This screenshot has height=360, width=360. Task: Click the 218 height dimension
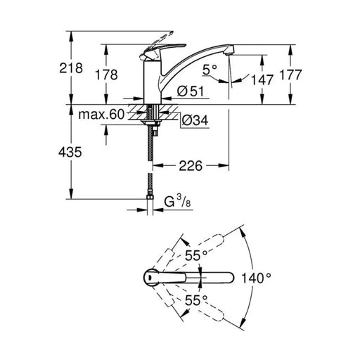(71, 68)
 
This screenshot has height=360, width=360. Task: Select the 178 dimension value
(106, 75)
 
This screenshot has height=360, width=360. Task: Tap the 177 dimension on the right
(290, 75)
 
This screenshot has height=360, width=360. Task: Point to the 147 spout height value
(262, 79)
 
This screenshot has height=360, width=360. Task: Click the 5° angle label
(210, 70)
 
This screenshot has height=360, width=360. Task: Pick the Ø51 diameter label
(191, 91)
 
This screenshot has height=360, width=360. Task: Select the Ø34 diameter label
(195, 120)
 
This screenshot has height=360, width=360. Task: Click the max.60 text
(101, 115)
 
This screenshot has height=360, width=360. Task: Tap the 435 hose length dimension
(70, 152)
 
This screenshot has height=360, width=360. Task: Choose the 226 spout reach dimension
(191, 166)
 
